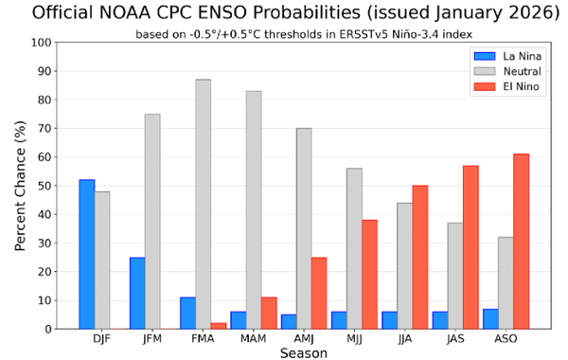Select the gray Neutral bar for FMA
click(x=203, y=204)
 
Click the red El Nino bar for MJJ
click(x=369, y=274)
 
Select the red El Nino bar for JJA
click(x=420, y=257)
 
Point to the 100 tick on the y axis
click(x=42, y=43)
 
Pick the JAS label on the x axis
click(x=455, y=339)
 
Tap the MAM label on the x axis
click(x=253, y=339)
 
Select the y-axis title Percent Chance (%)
click(x=19, y=186)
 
